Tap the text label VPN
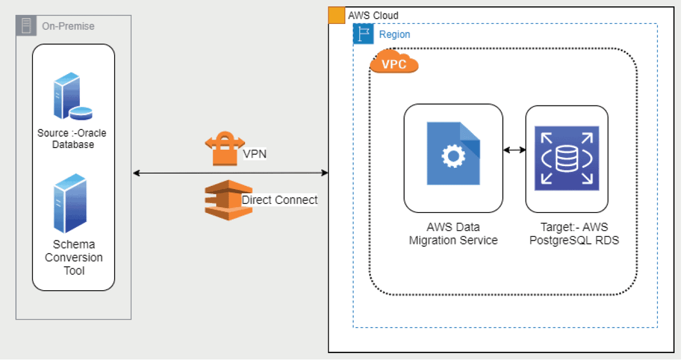[254, 154]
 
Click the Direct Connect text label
[279, 200]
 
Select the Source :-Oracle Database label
[72, 138]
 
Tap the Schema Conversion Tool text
[74, 257]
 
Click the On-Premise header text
[68, 26]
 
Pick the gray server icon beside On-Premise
[26, 26]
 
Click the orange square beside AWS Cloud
[336, 15]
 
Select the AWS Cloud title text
[373, 15]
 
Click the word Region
[394, 35]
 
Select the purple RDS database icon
[566, 159]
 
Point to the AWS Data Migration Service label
[453, 234]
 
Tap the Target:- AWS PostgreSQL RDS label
[566, 234]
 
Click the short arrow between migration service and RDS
[514, 151]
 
